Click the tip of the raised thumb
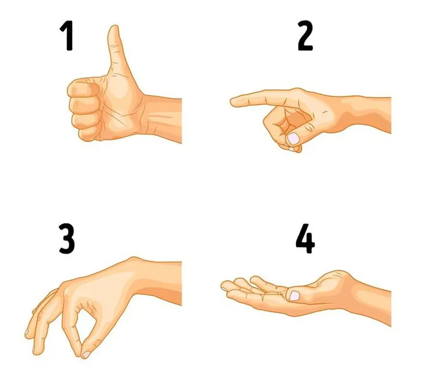113,29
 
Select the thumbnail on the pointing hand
293,138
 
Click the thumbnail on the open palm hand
293,295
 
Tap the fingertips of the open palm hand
225,286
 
